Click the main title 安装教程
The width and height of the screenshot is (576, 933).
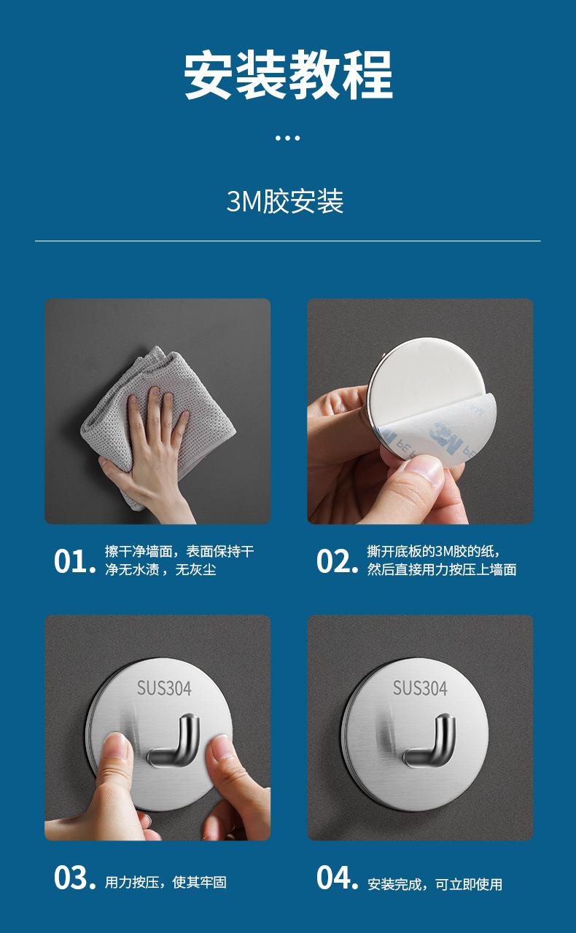pyautogui.click(x=288, y=75)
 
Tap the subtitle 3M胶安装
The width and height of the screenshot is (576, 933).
pyautogui.click(x=285, y=202)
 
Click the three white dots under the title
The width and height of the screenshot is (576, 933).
pyautogui.click(x=287, y=138)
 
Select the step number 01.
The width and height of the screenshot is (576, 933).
pyautogui.click(x=75, y=561)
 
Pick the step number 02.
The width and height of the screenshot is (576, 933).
pyautogui.click(x=337, y=561)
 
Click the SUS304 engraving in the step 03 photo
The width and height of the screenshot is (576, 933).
pyautogui.click(x=164, y=689)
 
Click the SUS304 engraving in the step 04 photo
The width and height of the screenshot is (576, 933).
pyautogui.click(x=420, y=689)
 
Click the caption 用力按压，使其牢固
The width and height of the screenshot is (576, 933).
pyautogui.click(x=166, y=882)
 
